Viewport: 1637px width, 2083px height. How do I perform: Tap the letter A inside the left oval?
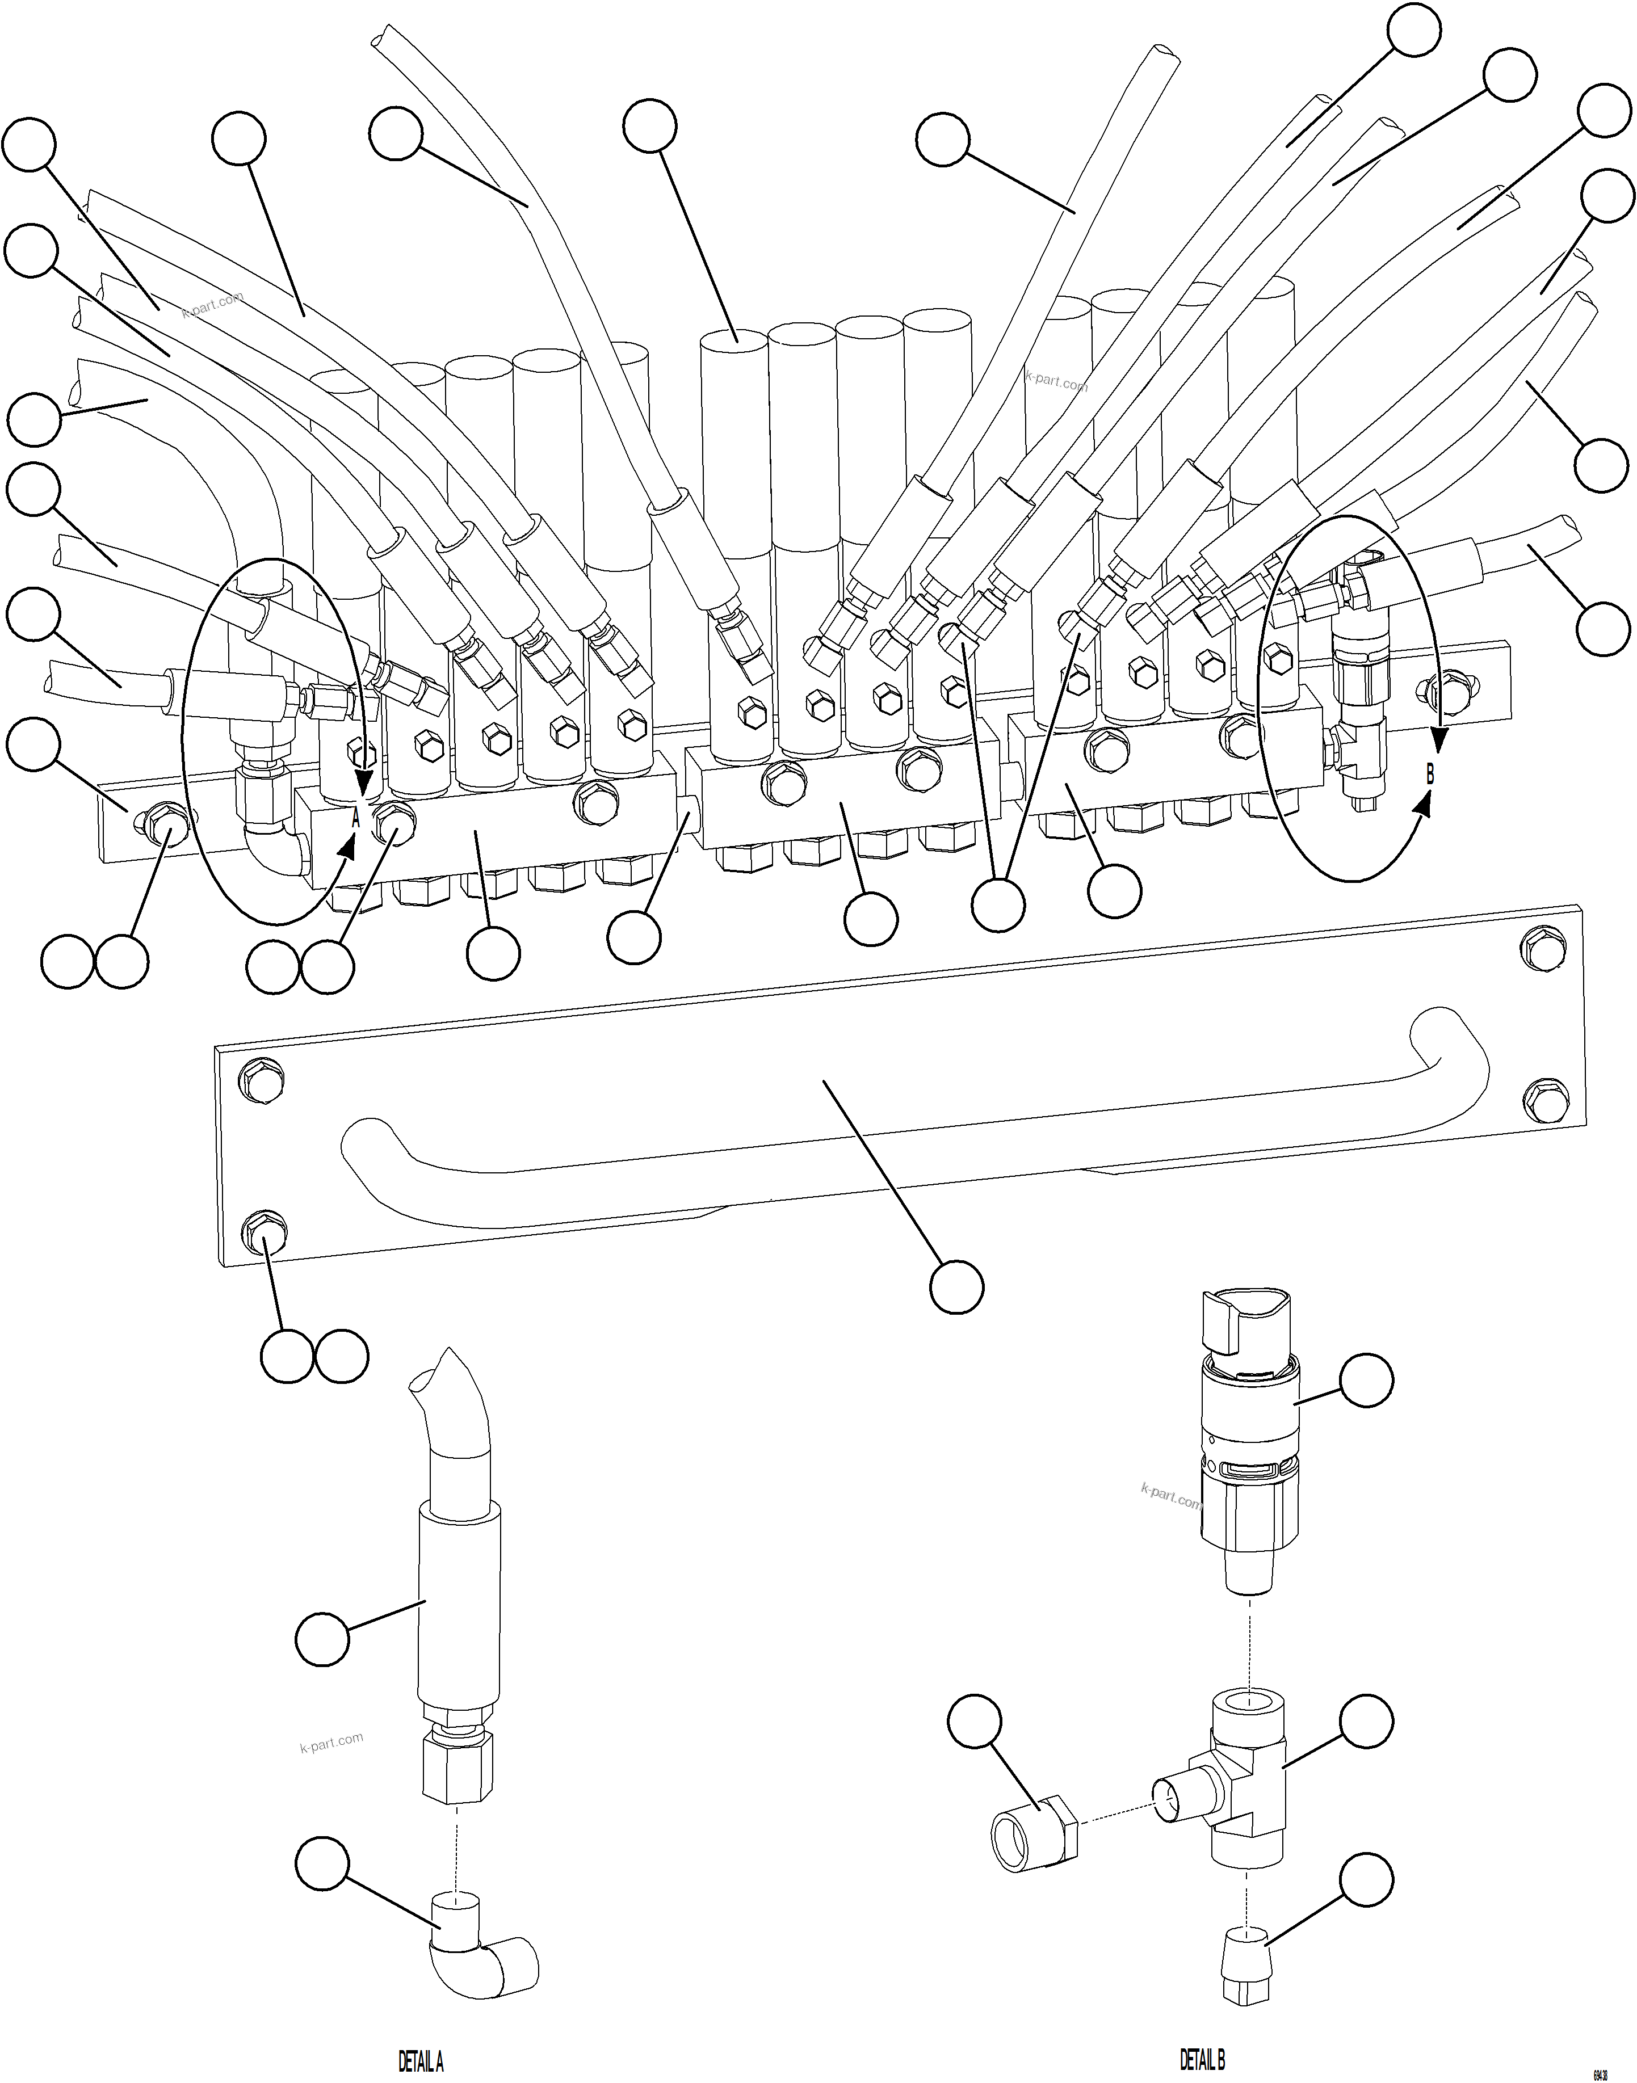click(x=355, y=819)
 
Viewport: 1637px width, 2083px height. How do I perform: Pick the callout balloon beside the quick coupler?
click(x=1365, y=1380)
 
